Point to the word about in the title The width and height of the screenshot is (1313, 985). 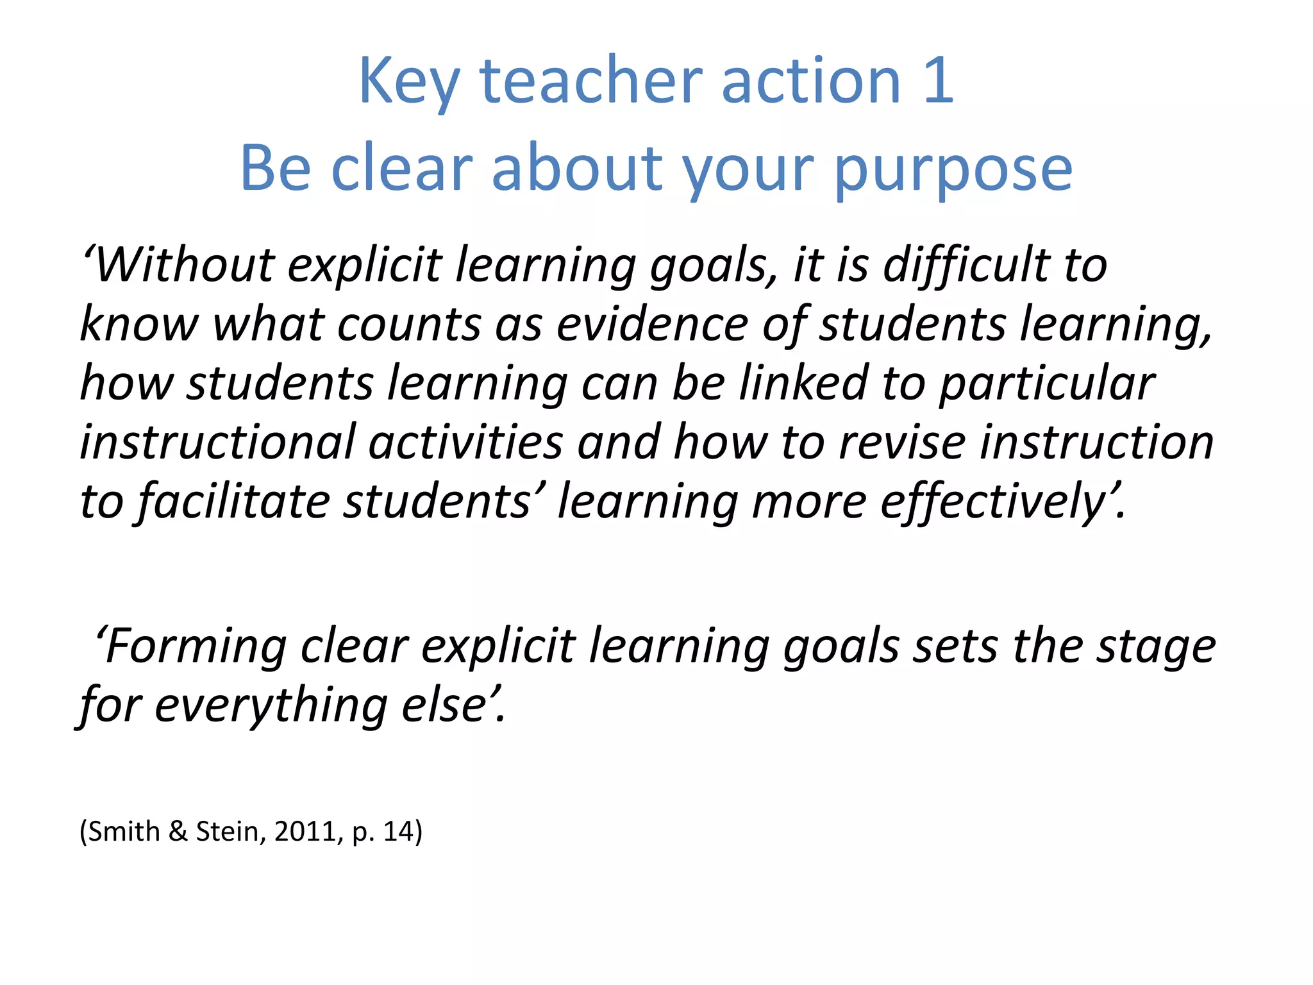(x=576, y=168)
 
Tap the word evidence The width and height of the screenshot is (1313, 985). (x=651, y=324)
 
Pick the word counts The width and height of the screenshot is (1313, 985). (x=408, y=324)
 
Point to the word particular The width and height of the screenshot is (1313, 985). (x=1046, y=383)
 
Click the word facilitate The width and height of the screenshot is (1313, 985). (x=233, y=501)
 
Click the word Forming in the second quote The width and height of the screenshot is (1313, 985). (x=196, y=646)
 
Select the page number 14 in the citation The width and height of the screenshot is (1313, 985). (x=398, y=832)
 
